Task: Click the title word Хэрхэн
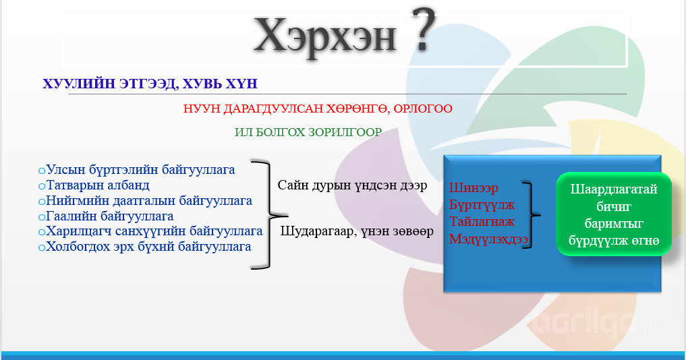[x=325, y=35]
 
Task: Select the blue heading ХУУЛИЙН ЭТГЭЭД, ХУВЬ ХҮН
[x=150, y=84]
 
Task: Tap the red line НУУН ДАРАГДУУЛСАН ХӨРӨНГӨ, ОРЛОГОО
[x=318, y=109]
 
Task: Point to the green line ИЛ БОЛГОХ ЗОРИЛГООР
[x=308, y=132]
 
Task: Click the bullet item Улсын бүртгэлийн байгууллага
[x=136, y=170]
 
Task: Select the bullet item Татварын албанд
[x=94, y=185]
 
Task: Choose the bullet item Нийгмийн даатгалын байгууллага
[x=145, y=200]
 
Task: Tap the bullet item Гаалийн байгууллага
[x=106, y=216]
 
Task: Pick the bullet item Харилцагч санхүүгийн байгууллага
[x=150, y=231]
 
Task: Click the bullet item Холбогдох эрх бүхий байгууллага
[x=145, y=246]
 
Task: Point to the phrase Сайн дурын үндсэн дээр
[x=353, y=185]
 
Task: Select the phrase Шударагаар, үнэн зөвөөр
[x=357, y=231]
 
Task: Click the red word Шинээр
[x=474, y=187]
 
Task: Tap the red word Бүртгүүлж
[x=482, y=205]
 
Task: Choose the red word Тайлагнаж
[x=482, y=221]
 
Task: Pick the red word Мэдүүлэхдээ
[x=488, y=239]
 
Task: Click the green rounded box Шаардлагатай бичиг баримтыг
[x=614, y=214]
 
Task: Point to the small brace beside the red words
[x=532, y=215]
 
